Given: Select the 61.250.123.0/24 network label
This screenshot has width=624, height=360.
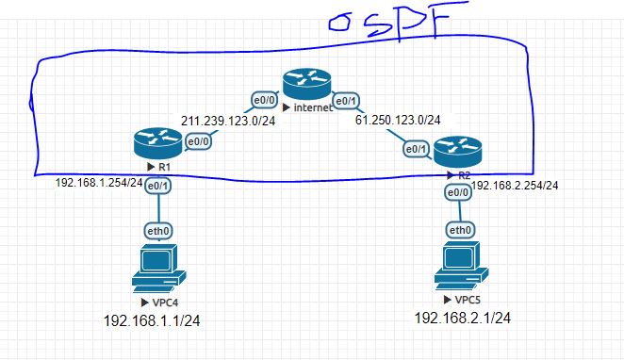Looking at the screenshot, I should [397, 120].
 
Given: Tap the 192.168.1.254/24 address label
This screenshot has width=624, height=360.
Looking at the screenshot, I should [98, 183].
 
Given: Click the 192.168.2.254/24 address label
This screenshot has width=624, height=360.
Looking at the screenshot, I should [514, 186].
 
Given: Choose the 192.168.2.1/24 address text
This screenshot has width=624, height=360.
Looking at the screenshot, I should [463, 319].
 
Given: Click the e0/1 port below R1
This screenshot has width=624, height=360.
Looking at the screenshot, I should [157, 187].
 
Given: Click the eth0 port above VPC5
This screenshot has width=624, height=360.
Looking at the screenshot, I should [460, 230].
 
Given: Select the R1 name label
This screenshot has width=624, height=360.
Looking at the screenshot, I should [162, 166].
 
